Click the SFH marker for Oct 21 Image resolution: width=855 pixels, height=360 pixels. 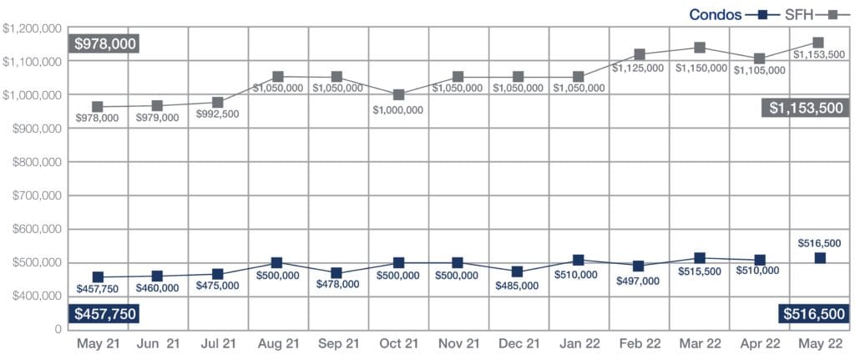point(398,95)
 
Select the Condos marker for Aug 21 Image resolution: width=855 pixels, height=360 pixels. point(278,263)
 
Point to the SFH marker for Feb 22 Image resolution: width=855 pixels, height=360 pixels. point(640,55)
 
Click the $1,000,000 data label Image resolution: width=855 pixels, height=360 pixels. point(397,109)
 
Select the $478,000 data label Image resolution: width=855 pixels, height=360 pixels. point(337,284)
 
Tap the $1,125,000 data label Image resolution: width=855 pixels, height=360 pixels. point(639,68)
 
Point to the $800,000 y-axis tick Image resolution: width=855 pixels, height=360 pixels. point(33,162)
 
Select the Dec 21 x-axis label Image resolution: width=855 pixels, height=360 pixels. point(518,343)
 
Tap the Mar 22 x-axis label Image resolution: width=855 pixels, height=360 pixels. point(700,343)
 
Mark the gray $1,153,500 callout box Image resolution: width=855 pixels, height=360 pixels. point(807,107)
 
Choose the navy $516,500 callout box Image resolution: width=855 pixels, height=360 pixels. point(813,314)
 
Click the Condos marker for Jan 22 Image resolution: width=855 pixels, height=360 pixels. point(579,261)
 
